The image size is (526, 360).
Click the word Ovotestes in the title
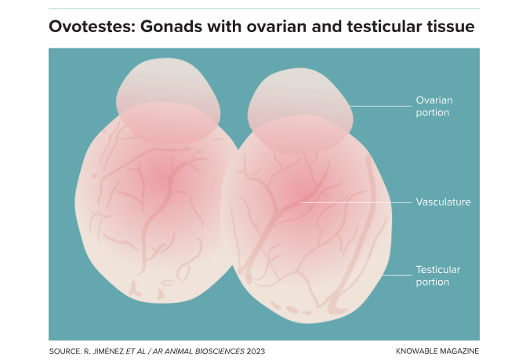pos(92,27)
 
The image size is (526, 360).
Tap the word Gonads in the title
pos(172,27)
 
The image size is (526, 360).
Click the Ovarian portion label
pos(434,107)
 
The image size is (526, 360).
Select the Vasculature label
pos(443,202)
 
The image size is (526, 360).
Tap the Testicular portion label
pos(437,276)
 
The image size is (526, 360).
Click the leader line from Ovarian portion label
pos(380,107)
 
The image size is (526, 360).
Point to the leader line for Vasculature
pos(356,202)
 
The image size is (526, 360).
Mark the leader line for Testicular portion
pos(397,276)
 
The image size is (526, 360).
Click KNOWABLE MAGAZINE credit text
pos(437,351)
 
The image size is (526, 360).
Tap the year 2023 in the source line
pos(256,351)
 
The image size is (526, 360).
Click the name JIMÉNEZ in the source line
pos(107,351)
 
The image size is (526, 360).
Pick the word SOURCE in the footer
pos(65,351)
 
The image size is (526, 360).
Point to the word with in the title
pos(224,27)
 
